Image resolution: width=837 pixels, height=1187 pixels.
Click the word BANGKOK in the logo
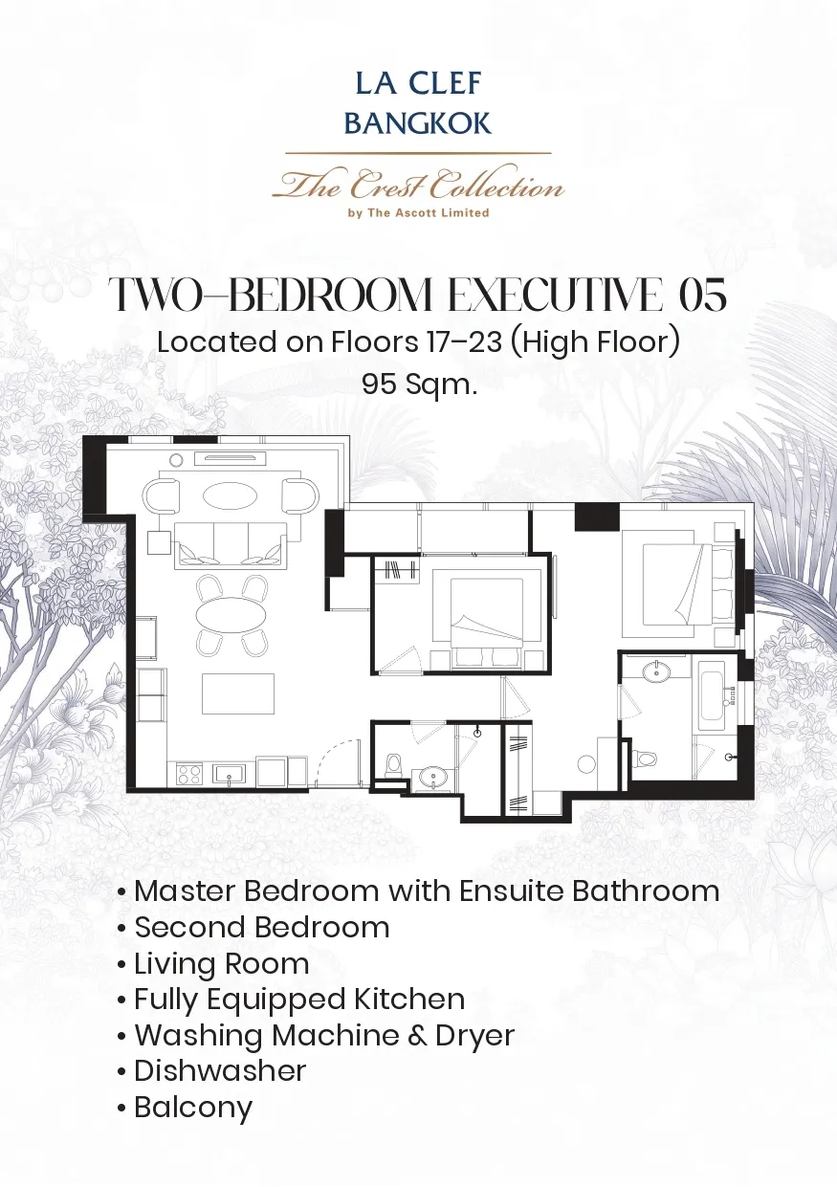tap(418, 123)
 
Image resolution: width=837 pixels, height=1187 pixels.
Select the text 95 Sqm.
tap(419, 384)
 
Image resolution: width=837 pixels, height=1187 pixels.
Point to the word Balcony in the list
tap(193, 1107)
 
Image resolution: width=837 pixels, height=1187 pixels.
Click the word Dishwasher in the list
tap(220, 1070)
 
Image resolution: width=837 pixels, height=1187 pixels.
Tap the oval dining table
tap(231, 614)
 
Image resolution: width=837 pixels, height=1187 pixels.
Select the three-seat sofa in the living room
tap(231, 545)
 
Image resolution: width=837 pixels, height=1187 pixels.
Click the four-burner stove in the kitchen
tap(189, 774)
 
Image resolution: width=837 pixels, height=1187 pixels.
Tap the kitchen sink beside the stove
tap(229, 774)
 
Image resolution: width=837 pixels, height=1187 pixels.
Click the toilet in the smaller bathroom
tap(393, 766)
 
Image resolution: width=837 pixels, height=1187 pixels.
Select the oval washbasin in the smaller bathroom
tap(433, 779)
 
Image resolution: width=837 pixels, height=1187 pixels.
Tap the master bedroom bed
tap(683, 583)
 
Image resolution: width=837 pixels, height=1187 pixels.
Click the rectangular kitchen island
tap(238, 693)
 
